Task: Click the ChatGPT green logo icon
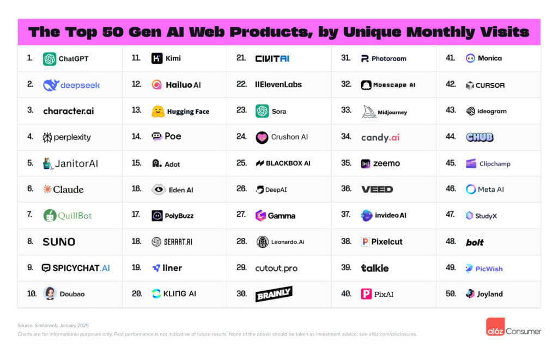pos(50,59)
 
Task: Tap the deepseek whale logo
pos(51,85)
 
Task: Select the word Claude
pos(68,190)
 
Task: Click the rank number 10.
pos(32,294)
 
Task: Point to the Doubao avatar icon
pos(50,294)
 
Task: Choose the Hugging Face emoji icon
pos(158,111)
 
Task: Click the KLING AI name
pos(180,294)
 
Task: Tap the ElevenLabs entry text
pos(278,84)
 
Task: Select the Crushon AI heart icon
pos(262,137)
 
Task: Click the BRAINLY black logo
pos(274,294)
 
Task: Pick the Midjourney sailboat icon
pos(369,112)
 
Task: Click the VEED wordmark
pos(377,190)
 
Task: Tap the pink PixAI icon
pos(366,294)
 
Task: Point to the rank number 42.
pos(450,84)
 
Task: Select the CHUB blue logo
pos(480,137)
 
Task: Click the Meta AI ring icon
pos(471,190)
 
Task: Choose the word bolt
pos(475,242)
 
